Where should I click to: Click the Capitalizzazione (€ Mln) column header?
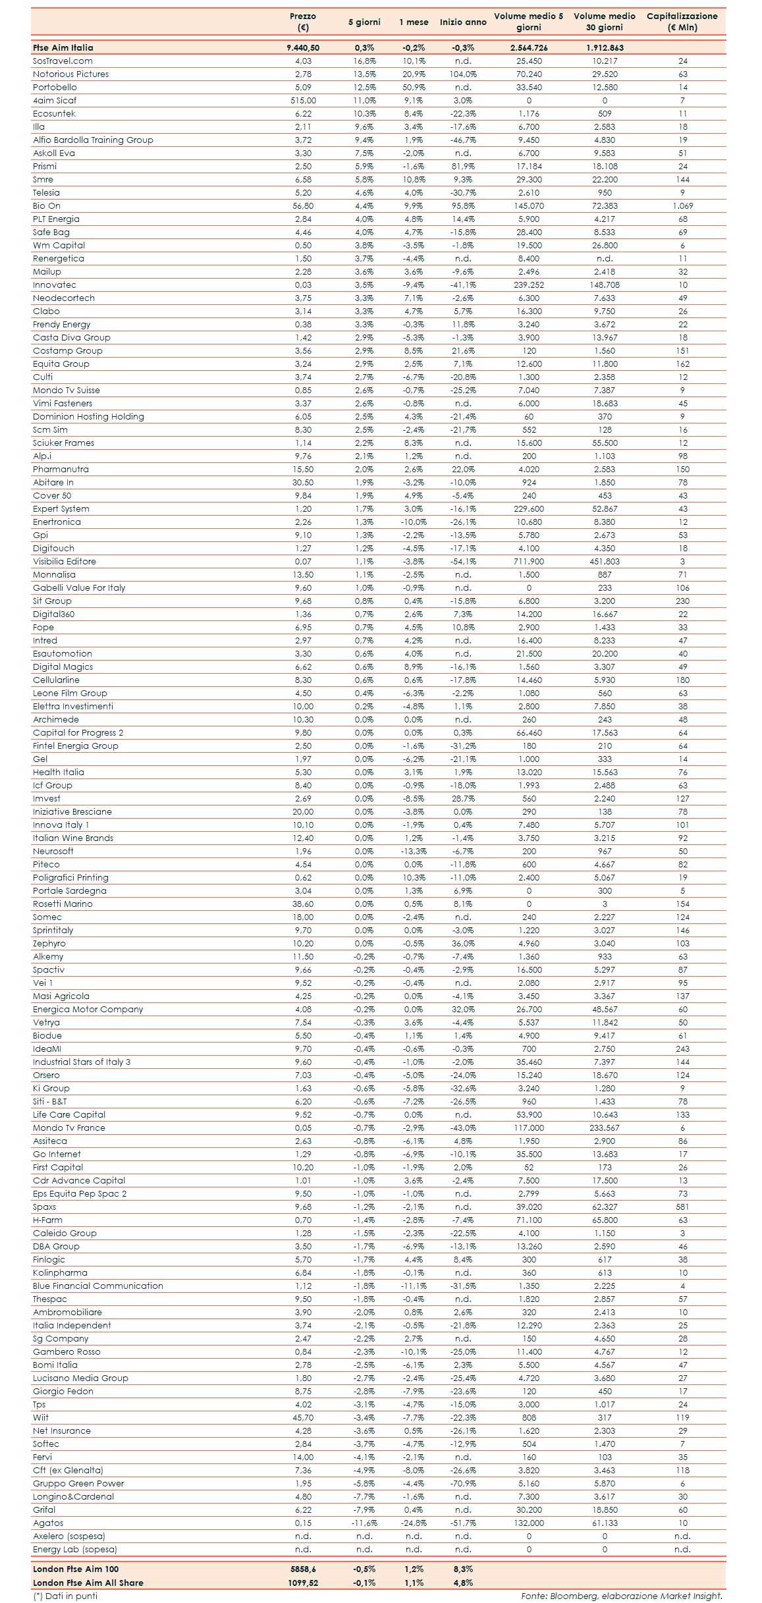[682, 22]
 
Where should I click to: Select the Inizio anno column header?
[463, 22]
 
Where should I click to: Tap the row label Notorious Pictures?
[71, 74]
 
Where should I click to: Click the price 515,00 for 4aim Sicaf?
[303, 101]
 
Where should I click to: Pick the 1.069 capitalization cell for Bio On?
[682, 206]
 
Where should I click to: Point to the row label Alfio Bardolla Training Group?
[93, 140]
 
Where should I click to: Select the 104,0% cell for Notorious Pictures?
[463, 74]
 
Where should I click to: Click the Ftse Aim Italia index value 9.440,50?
[303, 48]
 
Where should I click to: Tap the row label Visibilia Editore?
[65, 562]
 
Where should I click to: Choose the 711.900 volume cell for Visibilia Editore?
[529, 562]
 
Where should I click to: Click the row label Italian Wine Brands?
[73, 838]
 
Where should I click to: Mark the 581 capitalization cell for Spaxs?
[682, 1207]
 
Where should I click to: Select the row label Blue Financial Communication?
[98, 1286]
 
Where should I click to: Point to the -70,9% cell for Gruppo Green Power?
[463, 1484]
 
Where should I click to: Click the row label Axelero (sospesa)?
[69, 1536]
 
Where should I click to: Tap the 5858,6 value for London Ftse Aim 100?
[303, 1569]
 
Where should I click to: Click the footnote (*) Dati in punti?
[65, 1596]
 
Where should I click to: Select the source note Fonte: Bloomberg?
[621, 1596]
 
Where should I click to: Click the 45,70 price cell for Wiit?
[303, 1418]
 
